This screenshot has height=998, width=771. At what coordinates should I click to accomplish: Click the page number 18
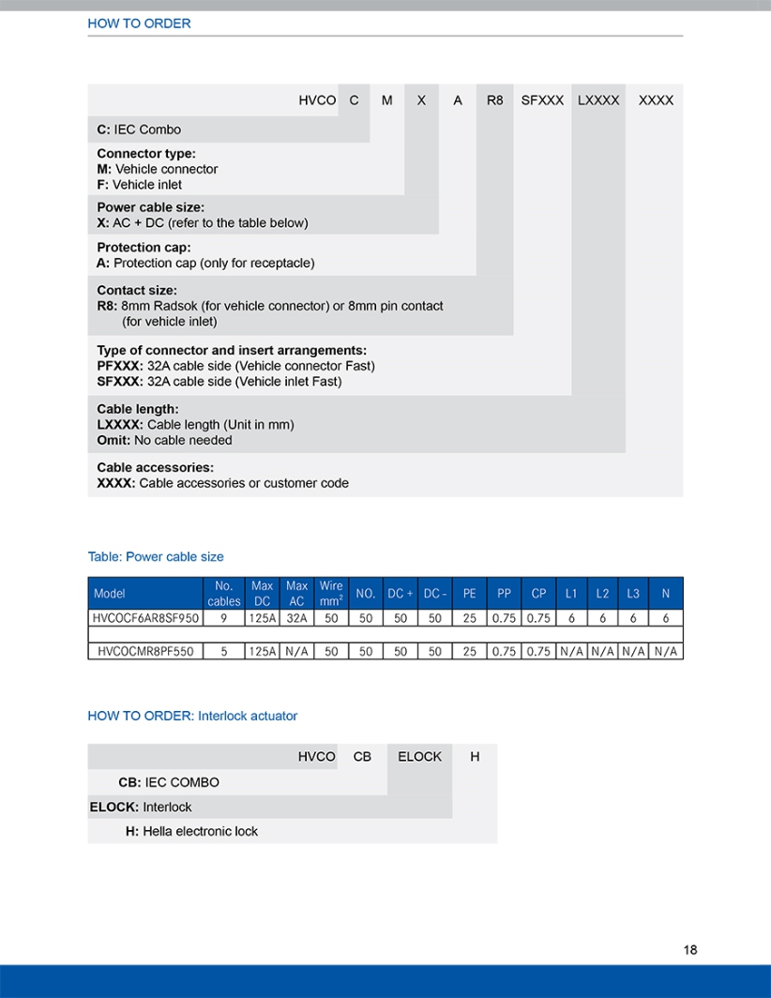coord(690,949)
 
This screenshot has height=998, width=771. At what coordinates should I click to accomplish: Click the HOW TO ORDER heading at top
coord(139,23)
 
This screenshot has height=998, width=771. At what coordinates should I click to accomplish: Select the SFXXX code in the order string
coord(542,99)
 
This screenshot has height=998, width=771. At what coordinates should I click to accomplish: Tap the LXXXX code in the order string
coord(598,99)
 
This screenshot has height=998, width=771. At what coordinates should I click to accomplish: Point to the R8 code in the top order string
coord(494,99)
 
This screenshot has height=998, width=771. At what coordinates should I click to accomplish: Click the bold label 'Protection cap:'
coord(144,248)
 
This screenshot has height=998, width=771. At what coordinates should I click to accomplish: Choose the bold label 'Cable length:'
coord(137,409)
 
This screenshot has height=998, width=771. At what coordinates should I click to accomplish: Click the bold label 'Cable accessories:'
coord(155,467)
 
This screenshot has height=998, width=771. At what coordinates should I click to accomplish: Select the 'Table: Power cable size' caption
coord(156,556)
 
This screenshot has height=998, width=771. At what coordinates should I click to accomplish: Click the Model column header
coord(110,593)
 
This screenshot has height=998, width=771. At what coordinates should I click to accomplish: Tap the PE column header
coord(469,593)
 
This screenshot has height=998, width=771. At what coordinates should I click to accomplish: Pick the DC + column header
coord(401,593)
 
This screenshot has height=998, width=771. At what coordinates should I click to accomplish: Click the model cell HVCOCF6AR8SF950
coord(145,619)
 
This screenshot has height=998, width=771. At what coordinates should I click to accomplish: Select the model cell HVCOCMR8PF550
coord(145,651)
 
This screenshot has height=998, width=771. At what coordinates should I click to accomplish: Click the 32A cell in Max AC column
coord(296,619)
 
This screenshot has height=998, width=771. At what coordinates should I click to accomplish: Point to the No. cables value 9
coord(223,619)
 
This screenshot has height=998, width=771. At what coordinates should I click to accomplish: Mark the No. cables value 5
coord(223,651)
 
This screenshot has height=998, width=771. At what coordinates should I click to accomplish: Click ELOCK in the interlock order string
coord(419,756)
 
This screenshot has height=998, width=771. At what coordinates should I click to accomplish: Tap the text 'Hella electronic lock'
coord(200,831)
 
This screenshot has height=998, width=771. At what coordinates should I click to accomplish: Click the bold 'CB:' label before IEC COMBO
coord(129,781)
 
